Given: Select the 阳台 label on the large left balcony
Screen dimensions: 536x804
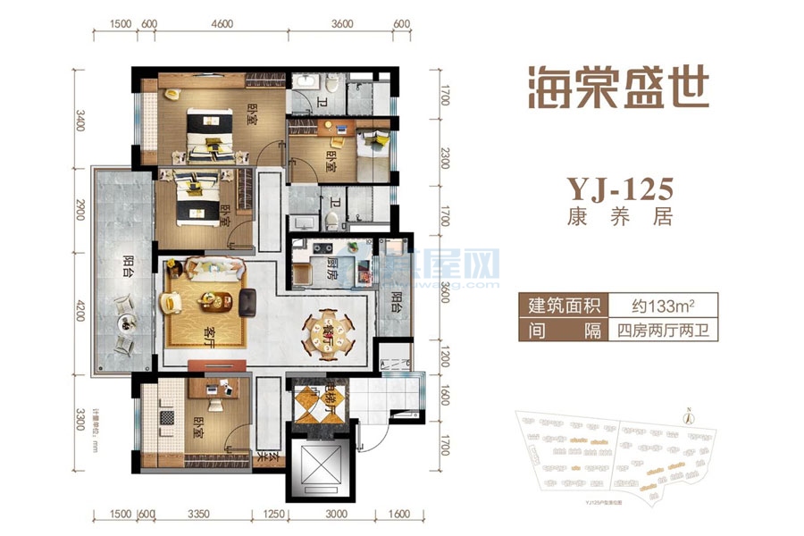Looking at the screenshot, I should (x=128, y=268).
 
